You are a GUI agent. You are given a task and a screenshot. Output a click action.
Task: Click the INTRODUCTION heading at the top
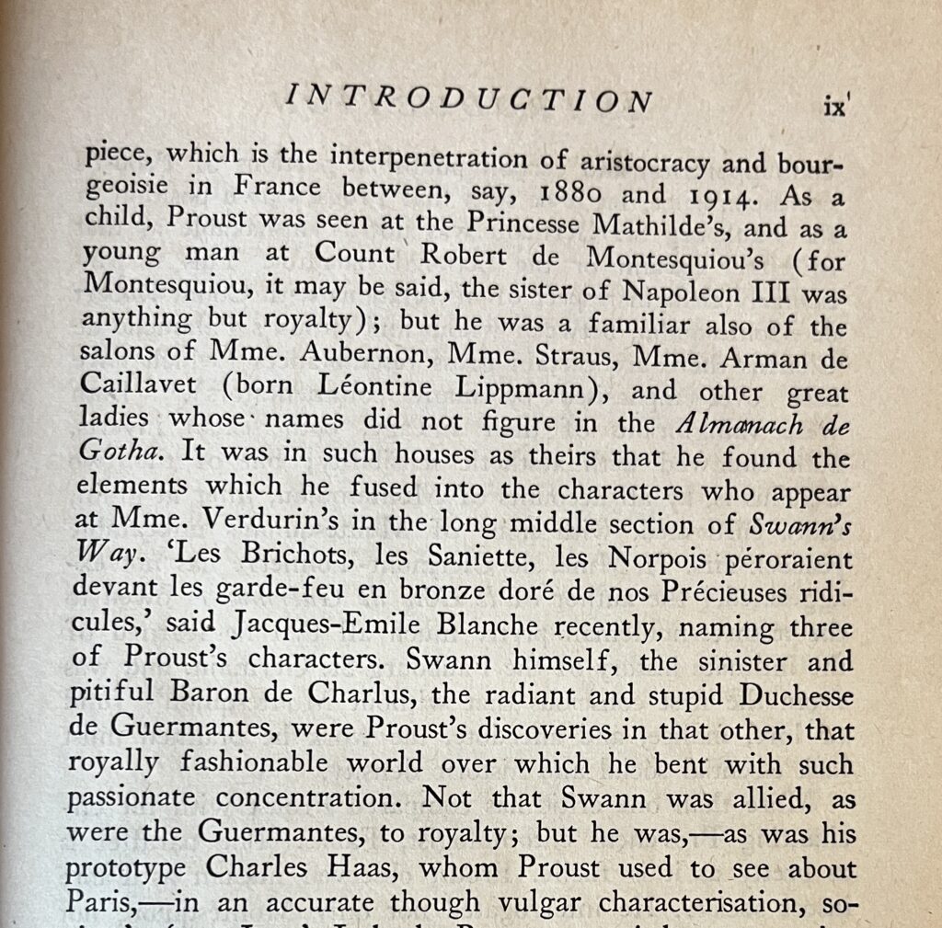[469, 99]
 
